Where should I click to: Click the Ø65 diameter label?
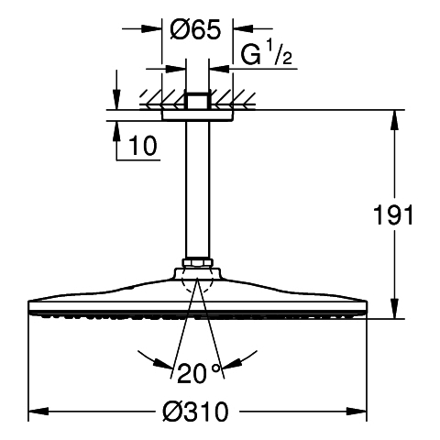[195, 29]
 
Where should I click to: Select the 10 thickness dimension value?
[143, 146]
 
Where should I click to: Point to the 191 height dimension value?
[393, 214]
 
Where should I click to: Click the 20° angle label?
[199, 373]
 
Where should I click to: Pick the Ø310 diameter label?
[195, 412]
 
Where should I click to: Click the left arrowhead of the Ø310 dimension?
[38, 412]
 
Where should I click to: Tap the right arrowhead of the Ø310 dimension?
[357, 412]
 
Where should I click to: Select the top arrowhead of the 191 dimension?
[395, 120]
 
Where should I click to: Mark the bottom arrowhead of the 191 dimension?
[395, 309]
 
